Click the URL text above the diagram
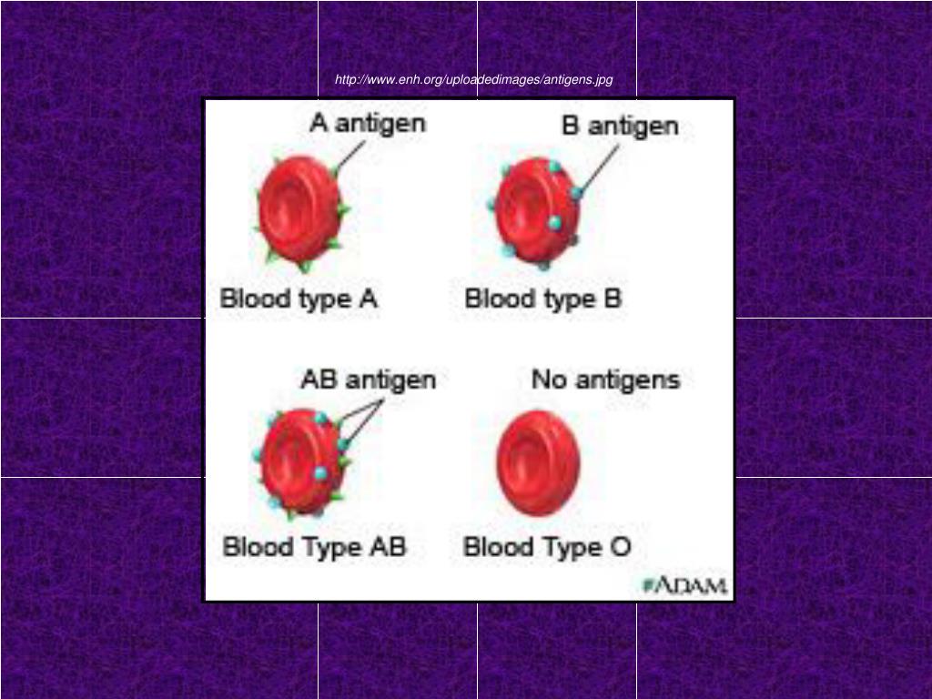(x=473, y=80)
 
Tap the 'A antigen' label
(x=368, y=123)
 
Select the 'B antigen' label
(x=620, y=126)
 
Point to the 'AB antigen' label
(x=368, y=380)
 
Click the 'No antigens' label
(x=605, y=379)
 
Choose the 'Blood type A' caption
(x=299, y=299)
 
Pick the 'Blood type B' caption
(x=543, y=299)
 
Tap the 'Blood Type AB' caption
(x=314, y=547)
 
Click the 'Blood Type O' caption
(x=547, y=547)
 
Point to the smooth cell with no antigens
(x=537, y=462)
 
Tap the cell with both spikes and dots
(x=300, y=462)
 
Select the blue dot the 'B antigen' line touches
(x=576, y=193)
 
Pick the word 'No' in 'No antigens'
(x=549, y=379)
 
